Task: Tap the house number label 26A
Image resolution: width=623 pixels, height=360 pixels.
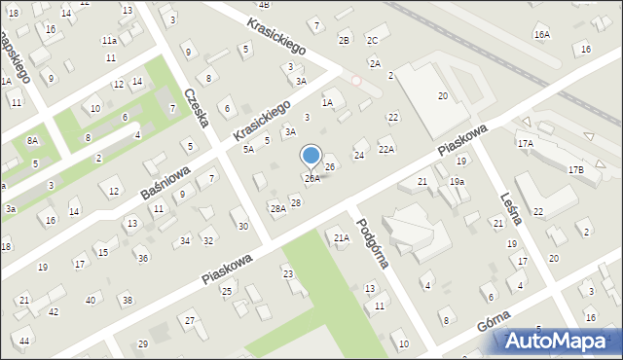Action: [x=311, y=179]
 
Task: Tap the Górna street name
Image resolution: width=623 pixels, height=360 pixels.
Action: [x=495, y=322]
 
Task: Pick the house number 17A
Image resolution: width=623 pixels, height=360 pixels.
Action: [x=526, y=144]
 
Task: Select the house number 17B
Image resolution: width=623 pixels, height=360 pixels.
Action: [x=575, y=170]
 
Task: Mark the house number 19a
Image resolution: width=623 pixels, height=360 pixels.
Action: [x=457, y=182]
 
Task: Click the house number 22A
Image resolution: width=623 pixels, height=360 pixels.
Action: [x=386, y=149]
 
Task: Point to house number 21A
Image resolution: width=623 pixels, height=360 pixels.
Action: [x=341, y=237]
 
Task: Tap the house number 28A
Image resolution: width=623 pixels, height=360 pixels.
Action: [x=277, y=208]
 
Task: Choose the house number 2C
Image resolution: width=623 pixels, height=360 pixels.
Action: [x=372, y=40]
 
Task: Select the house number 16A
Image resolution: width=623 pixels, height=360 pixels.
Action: [x=541, y=35]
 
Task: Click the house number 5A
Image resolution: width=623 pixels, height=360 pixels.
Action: [x=248, y=149]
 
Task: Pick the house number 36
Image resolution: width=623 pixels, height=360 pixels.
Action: [x=142, y=258]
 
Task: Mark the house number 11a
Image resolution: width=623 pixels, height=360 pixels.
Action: [x=110, y=40]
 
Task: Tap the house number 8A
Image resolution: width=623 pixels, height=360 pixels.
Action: [x=32, y=141]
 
